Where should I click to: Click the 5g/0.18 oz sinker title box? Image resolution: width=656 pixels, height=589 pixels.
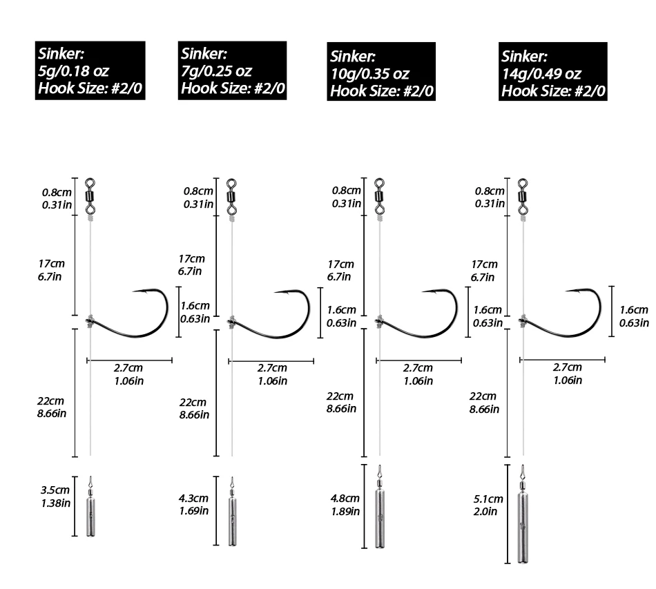point(90,70)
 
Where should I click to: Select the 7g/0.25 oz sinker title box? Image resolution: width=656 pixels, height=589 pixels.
point(232,70)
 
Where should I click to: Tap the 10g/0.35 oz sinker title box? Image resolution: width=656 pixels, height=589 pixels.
point(381,72)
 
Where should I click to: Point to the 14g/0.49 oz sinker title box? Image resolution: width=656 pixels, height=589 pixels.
point(552,72)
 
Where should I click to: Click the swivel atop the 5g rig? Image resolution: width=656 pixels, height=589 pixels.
point(90,196)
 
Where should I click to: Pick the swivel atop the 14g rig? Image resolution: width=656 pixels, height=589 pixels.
point(523,196)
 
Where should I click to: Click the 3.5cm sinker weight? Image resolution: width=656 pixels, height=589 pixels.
point(90,506)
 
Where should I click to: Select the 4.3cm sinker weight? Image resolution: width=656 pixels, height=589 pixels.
point(232,511)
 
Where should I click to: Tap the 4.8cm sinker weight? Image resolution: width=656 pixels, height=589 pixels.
point(380,506)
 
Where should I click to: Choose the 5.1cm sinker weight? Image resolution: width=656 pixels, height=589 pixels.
point(523,514)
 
